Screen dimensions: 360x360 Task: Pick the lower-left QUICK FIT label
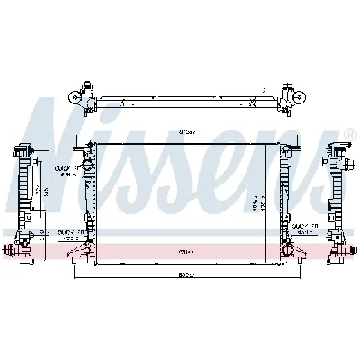pos(74,232)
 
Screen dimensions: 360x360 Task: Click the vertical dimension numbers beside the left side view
pos(40,193)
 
